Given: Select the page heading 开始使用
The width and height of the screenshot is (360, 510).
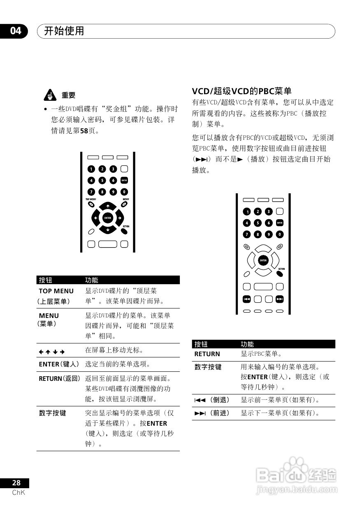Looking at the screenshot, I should [64, 31].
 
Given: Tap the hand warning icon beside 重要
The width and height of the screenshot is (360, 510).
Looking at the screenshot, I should [50, 95].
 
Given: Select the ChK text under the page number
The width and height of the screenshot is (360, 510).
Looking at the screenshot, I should [19, 492].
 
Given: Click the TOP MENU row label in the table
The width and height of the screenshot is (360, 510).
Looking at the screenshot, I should [56, 291].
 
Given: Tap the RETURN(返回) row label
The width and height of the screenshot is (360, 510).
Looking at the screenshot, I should [59, 378].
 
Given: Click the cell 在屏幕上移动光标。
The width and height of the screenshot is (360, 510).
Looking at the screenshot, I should [114, 350].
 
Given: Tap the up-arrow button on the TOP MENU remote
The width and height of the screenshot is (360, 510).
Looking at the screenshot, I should [107, 206].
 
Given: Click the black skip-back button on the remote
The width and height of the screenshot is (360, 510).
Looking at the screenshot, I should [246, 299].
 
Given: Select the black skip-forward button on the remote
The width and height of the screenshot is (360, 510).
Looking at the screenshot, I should [280, 299].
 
